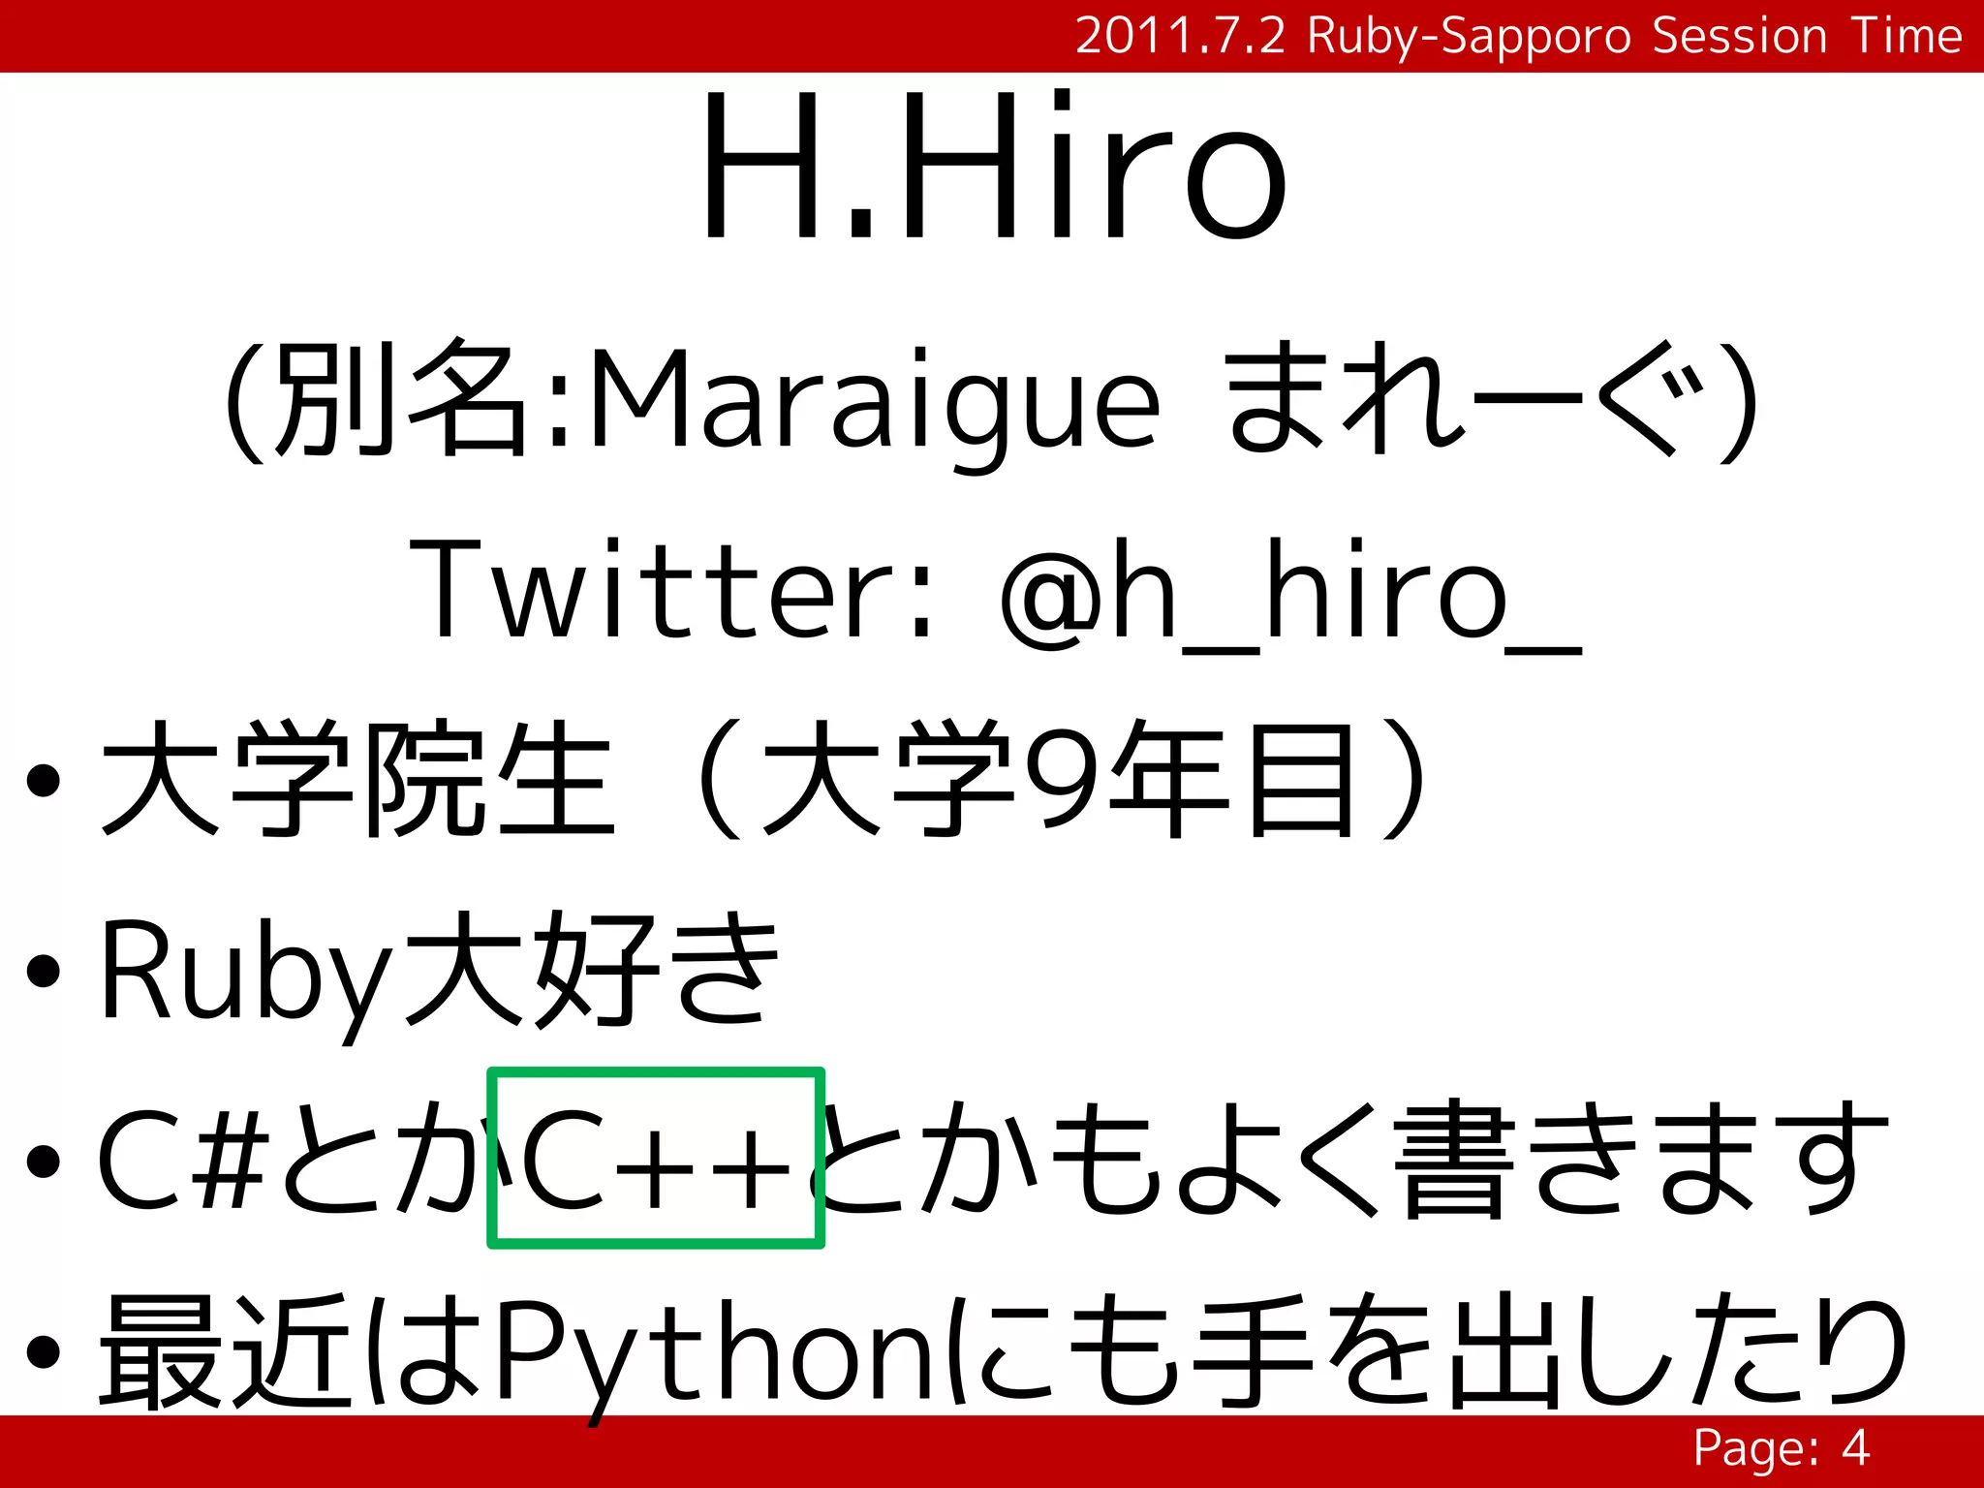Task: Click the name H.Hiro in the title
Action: (x=993, y=167)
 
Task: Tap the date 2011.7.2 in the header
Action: (x=1180, y=37)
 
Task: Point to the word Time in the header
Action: (x=1906, y=37)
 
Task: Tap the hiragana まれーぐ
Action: (x=1463, y=399)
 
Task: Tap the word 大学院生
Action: (x=358, y=779)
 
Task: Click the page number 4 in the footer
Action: (x=1855, y=1449)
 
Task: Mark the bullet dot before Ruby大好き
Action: (x=44, y=971)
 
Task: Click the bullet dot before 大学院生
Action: (x=44, y=781)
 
